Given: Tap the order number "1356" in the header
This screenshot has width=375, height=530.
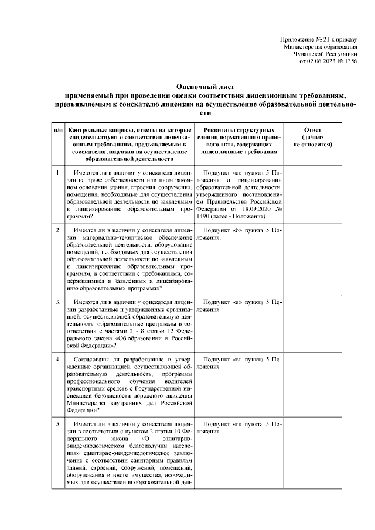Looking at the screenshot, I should pos(350,60).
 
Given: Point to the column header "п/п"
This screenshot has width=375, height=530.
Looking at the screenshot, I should pos(58,129).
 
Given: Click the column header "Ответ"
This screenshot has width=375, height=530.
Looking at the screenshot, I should pos(313,129).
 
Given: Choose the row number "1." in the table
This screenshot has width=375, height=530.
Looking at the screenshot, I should pos(58,173).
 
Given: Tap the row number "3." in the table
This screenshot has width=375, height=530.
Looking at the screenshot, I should pos(58,302).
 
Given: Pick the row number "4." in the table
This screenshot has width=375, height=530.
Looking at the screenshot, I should pos(58,359).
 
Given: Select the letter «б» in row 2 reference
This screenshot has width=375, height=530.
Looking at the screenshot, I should pos(237,231).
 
